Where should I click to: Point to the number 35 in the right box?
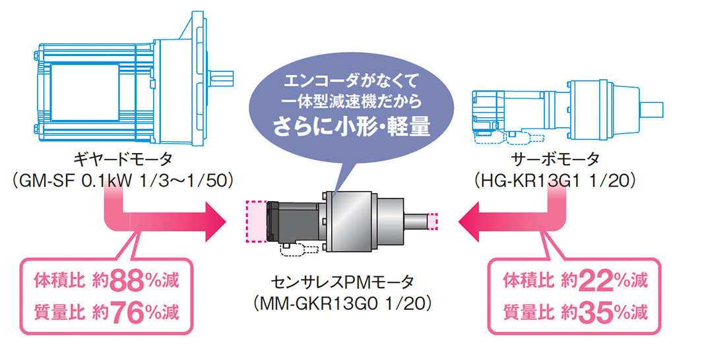point(593,313)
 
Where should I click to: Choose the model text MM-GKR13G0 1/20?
point(342,305)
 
